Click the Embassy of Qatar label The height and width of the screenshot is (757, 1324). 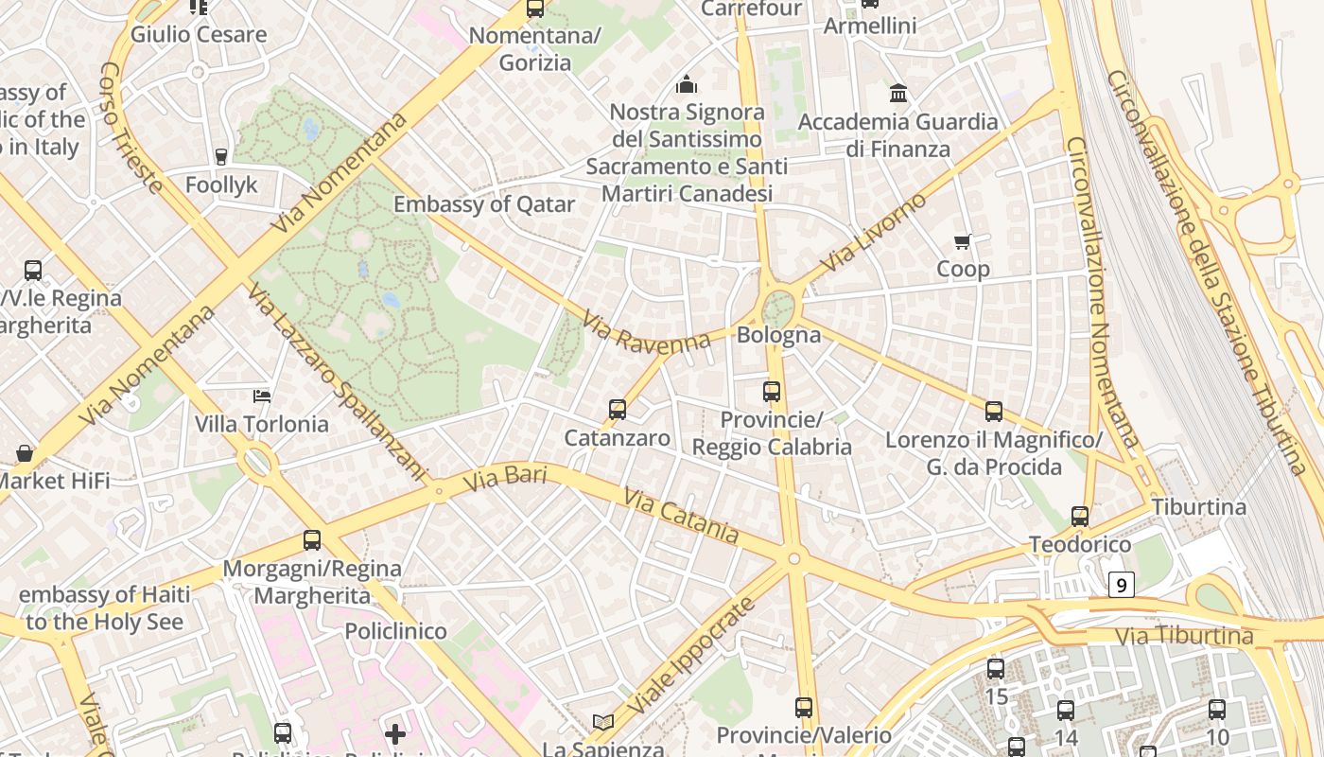tap(484, 204)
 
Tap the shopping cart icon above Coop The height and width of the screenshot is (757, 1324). tap(963, 241)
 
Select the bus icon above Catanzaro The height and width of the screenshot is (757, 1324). tap(618, 410)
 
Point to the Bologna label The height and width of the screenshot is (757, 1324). tap(778, 335)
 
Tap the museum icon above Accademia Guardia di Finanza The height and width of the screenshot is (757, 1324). tap(898, 93)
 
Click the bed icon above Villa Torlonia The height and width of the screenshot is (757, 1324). tap(262, 396)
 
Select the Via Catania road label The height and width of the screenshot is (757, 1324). tap(681, 515)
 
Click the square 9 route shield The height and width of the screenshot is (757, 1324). tap(1121, 586)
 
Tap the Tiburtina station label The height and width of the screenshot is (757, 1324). tap(1198, 507)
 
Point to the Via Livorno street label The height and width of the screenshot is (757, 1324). tap(874, 232)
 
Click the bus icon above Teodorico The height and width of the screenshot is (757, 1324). tap(1080, 517)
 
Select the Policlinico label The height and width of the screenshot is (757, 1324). tap(395, 631)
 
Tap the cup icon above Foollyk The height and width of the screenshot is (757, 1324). tap(221, 156)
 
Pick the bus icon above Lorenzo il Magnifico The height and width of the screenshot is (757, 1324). tap(994, 412)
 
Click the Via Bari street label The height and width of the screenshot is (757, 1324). tap(505, 477)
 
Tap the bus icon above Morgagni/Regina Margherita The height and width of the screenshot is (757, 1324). tap(312, 540)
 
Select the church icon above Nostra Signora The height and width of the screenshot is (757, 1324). tap(687, 84)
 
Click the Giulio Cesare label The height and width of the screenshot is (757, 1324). tap(199, 35)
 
